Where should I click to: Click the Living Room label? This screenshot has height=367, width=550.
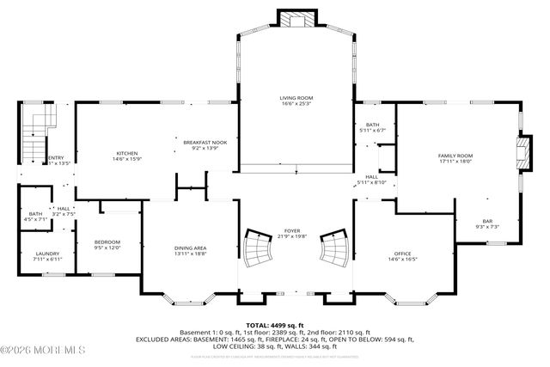tap(294, 99)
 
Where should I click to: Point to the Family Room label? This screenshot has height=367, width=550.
tap(455, 156)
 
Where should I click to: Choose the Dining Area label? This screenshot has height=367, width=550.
tap(190, 248)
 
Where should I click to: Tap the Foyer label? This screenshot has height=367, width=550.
tap(292, 231)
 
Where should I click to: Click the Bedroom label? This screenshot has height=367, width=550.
tap(107, 242)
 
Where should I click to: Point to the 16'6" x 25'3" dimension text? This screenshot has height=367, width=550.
tap(294, 105)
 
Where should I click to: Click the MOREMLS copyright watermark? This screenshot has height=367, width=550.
tap(43, 349)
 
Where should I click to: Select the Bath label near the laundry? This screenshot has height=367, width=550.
tap(35, 214)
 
